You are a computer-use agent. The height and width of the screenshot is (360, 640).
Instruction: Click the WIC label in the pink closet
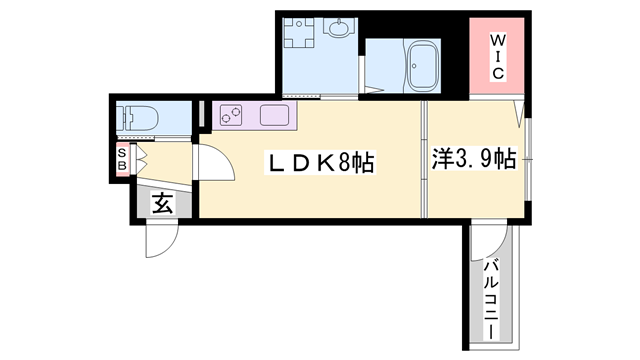point(496,58)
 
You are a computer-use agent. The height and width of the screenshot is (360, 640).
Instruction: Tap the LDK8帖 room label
point(319,163)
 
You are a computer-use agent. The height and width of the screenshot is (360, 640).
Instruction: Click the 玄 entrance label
point(162,204)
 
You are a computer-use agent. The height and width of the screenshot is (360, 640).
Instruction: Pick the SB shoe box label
point(121,159)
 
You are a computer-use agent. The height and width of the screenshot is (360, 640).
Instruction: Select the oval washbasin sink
point(339,30)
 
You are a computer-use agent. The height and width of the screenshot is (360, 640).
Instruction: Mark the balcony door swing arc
point(490,241)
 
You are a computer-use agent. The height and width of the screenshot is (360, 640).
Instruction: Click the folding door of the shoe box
point(138,158)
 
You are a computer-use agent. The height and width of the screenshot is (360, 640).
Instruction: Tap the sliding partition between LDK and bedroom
point(424,160)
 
